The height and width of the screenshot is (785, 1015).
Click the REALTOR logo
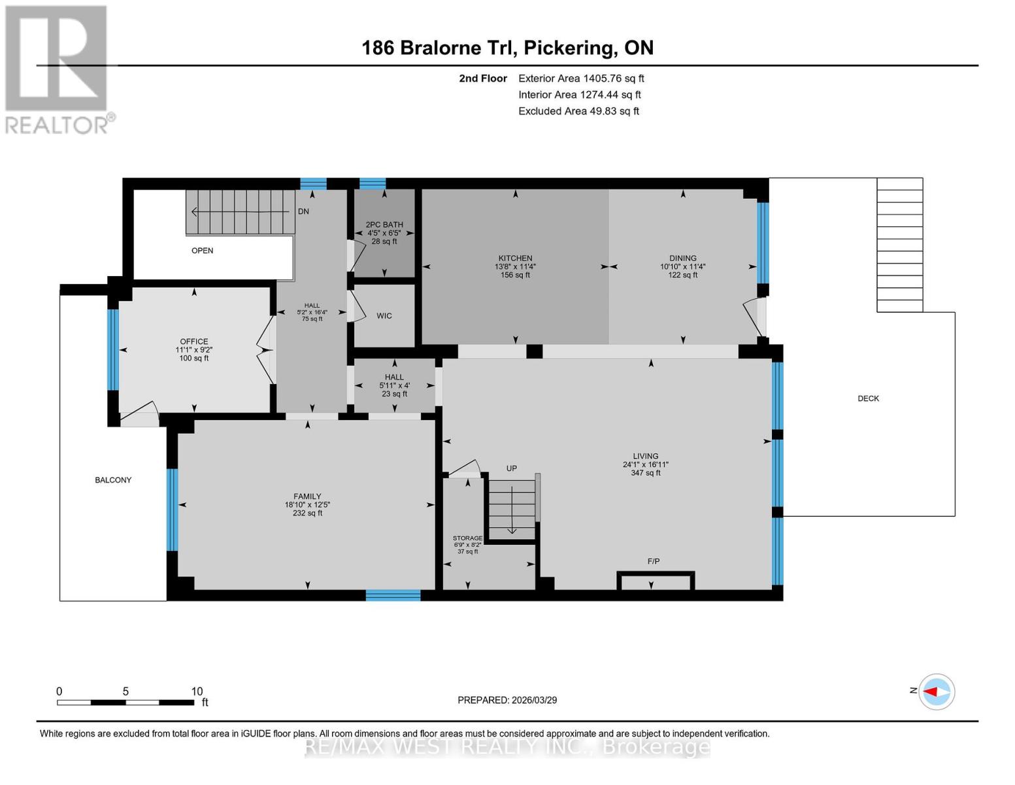tap(58, 69)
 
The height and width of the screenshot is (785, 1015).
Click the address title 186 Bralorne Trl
tap(507, 48)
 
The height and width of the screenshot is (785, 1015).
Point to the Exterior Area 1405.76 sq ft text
tap(580, 78)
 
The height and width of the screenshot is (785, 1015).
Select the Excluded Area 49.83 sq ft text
tap(578, 111)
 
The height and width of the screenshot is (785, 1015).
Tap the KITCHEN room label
tap(515, 258)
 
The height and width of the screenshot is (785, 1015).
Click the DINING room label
tap(682, 258)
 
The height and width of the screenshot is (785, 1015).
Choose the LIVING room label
tap(645, 456)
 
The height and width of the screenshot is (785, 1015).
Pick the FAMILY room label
tap(307, 497)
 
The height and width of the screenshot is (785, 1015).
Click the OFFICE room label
tap(194, 341)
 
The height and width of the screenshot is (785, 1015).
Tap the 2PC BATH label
tap(384, 224)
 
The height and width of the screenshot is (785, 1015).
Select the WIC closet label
tap(384, 316)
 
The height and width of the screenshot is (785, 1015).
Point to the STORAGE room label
tap(467, 538)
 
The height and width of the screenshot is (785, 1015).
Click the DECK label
tap(868, 398)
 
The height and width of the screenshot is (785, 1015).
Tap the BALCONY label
tap(113, 480)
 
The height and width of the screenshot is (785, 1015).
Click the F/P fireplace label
tap(653, 561)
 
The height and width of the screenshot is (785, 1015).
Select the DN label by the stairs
tap(303, 211)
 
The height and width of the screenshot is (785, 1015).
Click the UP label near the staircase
tap(512, 468)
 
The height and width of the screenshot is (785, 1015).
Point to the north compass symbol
tap(936, 691)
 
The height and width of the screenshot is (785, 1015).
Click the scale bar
tap(125, 703)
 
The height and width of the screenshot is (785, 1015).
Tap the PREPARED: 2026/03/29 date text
tap(507, 700)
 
